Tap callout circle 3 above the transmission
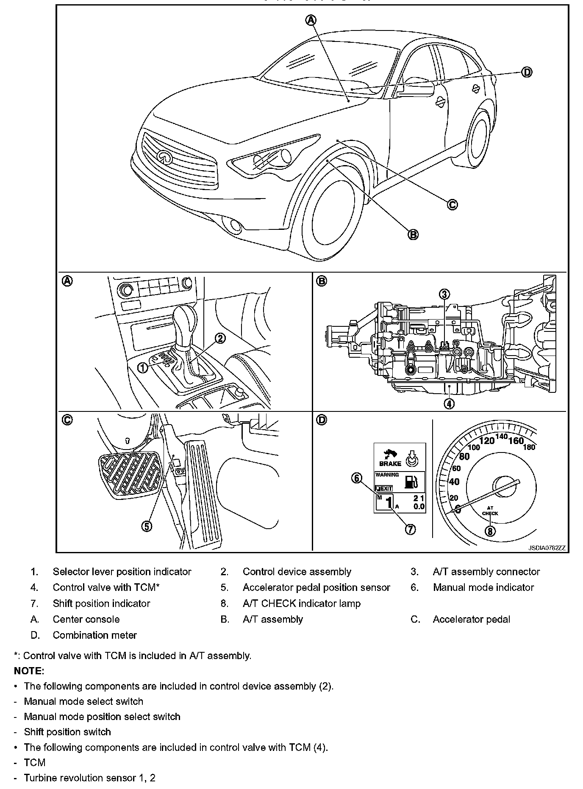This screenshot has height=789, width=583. tap(444, 294)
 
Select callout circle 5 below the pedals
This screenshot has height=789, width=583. tap(146, 526)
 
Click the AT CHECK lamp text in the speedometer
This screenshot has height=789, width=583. tap(490, 511)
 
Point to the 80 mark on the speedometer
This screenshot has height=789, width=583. tap(464, 456)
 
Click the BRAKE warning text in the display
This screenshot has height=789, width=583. tap(390, 463)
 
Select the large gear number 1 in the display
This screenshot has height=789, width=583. tap(389, 503)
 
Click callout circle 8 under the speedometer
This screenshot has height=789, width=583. tap(490, 531)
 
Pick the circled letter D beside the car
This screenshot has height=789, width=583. tap(526, 72)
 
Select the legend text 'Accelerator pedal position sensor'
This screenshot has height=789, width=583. tap(316, 588)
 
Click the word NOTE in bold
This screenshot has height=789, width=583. tap(29, 671)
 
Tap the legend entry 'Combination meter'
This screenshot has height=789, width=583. tap(94, 635)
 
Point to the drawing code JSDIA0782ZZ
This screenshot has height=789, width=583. tap(547, 548)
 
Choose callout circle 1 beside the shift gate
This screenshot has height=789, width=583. tap(143, 367)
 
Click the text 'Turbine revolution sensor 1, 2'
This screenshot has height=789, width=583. tap(89, 778)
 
